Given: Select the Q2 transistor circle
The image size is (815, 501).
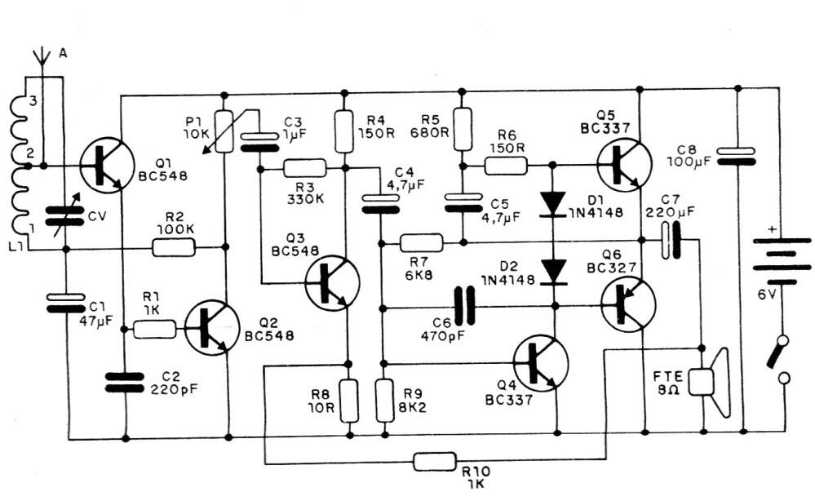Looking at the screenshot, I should pyautogui.click(x=212, y=328).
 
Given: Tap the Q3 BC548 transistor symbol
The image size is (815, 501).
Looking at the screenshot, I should pyautogui.click(x=332, y=282).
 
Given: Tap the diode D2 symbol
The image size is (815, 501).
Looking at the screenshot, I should pyautogui.click(x=555, y=270).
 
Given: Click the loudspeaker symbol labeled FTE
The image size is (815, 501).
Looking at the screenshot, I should pyautogui.click(x=708, y=380).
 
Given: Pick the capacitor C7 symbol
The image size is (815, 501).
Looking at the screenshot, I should pyautogui.click(x=669, y=242).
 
